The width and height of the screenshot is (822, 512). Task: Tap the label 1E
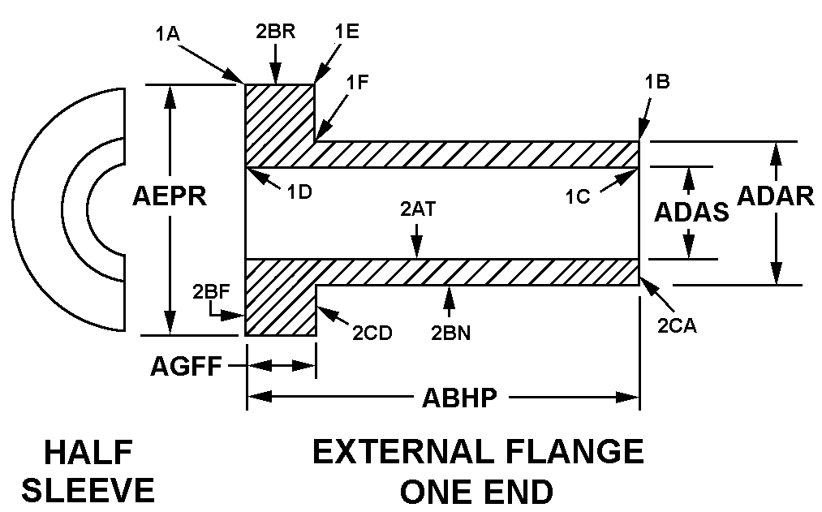[x=346, y=32]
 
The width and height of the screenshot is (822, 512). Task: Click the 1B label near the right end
[x=657, y=82]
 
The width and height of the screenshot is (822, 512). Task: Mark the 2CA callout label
[x=678, y=326]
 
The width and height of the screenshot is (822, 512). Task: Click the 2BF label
[x=209, y=290]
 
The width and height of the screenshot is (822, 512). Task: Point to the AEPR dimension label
[x=170, y=197]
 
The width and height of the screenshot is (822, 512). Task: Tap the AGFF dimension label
[x=187, y=367]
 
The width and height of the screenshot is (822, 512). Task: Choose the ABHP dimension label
[x=459, y=398]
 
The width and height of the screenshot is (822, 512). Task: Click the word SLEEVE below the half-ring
[x=88, y=490]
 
